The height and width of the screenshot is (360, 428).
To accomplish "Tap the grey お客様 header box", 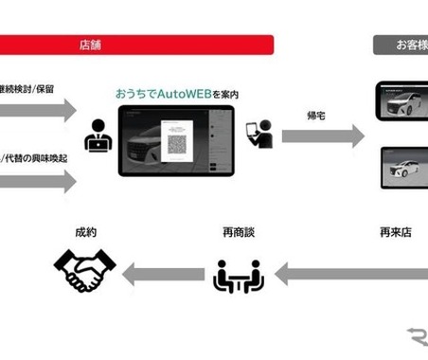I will point(400,45).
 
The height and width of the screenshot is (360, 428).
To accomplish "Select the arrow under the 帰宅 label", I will point(322,135).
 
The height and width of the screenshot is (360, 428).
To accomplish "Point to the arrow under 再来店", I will point(350,276).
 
